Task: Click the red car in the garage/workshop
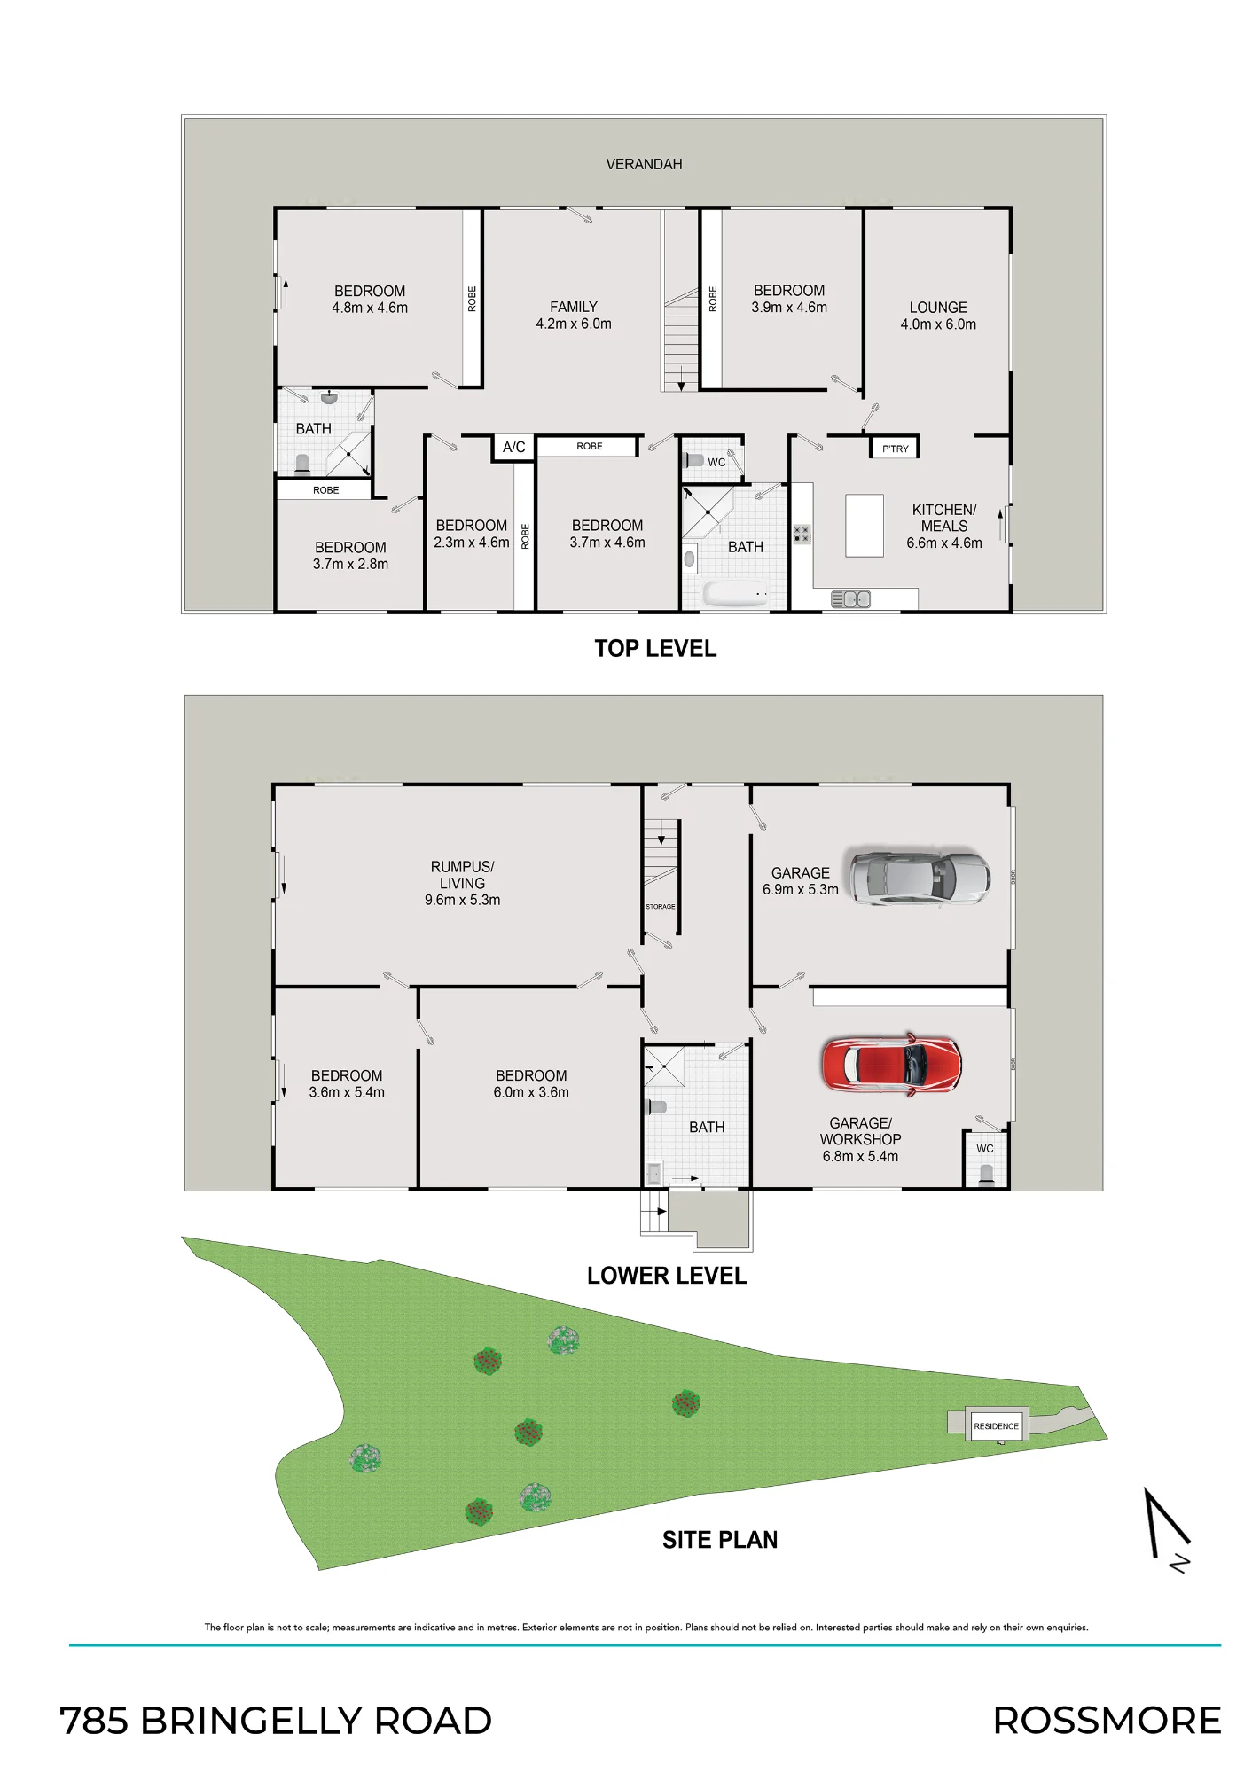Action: pyautogui.click(x=891, y=1063)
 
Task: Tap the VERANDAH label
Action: pyautogui.click(x=644, y=164)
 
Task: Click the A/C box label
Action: pyautogui.click(x=514, y=447)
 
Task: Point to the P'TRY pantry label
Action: pyautogui.click(x=896, y=449)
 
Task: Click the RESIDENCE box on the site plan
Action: pyautogui.click(x=997, y=1425)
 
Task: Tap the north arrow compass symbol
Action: pyautogui.click(x=1167, y=1529)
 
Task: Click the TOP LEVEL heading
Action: pyautogui.click(x=655, y=649)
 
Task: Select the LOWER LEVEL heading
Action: pyautogui.click(x=667, y=1276)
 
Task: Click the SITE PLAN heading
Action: pyautogui.click(x=720, y=1540)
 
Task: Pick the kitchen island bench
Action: pyautogui.click(x=865, y=526)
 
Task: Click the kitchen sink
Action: pyautogui.click(x=850, y=600)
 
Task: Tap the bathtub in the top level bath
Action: pyautogui.click(x=735, y=593)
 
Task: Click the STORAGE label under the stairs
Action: pyautogui.click(x=661, y=906)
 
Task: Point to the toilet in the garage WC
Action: pyautogui.click(x=986, y=1175)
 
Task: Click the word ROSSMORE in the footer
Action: pyautogui.click(x=1107, y=1721)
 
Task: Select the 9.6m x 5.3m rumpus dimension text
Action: pyautogui.click(x=462, y=900)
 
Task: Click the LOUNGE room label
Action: pyautogui.click(x=938, y=308)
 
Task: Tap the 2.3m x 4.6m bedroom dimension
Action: pyautogui.click(x=472, y=543)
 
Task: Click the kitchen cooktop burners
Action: pyautogui.click(x=802, y=535)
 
